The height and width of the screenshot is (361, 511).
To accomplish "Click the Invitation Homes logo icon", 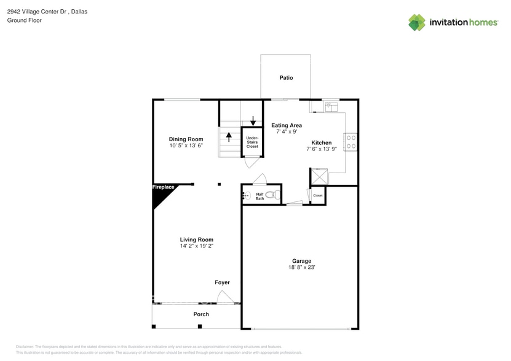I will (x=417, y=22).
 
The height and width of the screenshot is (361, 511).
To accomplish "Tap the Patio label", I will (x=286, y=78).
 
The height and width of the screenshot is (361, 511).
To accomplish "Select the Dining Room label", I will (x=186, y=139).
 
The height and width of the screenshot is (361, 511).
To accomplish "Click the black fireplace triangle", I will (x=160, y=197).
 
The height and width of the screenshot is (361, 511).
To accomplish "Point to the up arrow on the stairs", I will (x=229, y=136).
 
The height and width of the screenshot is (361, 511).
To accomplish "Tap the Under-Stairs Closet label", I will (x=252, y=142).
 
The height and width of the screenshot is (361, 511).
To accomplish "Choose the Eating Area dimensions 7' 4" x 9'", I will (x=287, y=131).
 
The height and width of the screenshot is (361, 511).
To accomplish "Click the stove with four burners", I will (x=351, y=142).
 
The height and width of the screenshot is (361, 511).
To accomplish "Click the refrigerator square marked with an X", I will (x=319, y=176).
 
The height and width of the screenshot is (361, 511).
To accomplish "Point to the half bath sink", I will (x=247, y=196).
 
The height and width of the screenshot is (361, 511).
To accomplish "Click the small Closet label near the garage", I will (x=317, y=196).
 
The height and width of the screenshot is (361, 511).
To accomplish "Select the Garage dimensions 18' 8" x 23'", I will (x=301, y=267).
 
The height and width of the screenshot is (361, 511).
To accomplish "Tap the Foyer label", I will (x=222, y=282).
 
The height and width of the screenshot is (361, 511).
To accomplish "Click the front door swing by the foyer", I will (x=225, y=297).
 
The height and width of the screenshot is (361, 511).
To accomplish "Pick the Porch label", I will (x=201, y=314).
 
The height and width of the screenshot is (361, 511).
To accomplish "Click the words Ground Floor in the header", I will (x=23, y=20).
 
